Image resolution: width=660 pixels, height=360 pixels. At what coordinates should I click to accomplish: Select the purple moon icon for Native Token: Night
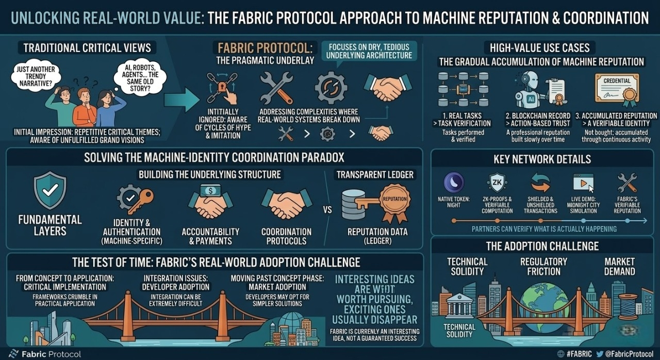pos(454,183)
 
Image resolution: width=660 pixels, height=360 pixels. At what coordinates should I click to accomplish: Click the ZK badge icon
pos(497,183)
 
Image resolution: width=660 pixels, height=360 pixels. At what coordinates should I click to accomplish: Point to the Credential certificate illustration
pos(616,89)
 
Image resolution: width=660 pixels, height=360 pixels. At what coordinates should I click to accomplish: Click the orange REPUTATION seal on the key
pos(395,199)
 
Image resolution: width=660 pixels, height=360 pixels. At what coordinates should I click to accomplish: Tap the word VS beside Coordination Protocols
pos(327,210)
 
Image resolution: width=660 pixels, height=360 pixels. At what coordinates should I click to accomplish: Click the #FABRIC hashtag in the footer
pos(577,354)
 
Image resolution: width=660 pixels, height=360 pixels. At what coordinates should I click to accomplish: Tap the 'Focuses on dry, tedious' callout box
pos(370,51)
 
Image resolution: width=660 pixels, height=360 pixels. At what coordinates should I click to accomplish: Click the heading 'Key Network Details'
pos(542,159)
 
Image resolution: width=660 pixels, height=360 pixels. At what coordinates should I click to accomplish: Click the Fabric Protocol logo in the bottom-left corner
pos(45,354)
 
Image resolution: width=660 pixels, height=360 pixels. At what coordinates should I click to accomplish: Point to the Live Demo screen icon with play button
pos(583,183)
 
